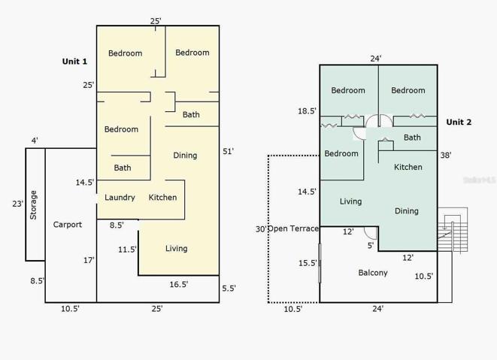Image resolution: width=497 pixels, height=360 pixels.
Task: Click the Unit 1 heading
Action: coord(74,62)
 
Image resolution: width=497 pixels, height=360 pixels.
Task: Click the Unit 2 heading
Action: coord(459,122)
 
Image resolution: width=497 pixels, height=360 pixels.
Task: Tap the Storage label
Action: coord(33,205)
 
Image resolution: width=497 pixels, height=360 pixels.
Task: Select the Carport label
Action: coord(68,225)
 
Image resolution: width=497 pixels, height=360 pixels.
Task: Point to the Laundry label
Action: coord(120,198)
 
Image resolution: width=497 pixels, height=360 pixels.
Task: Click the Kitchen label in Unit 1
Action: coord(162,198)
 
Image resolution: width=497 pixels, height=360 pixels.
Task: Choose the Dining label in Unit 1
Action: coord(185,156)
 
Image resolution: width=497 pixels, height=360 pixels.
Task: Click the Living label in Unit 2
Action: coord(350,201)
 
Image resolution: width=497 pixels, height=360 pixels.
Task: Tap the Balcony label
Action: coord(373,273)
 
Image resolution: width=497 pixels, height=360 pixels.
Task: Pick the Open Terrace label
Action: coord(293,228)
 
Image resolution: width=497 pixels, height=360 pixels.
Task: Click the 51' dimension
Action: coord(229,152)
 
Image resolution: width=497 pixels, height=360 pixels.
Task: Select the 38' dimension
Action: coord(446,156)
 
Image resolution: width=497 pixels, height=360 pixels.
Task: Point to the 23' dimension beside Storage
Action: coord(18,204)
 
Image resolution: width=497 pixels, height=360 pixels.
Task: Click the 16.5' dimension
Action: coord(178,285)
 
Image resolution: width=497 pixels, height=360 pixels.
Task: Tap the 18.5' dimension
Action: coord(307,111)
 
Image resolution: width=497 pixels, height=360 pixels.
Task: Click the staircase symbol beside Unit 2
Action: coord(453,230)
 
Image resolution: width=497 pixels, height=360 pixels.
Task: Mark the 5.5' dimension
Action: coord(229,289)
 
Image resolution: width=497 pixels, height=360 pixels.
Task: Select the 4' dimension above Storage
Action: coord(35,141)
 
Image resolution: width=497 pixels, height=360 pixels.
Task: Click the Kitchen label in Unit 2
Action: coord(408,167)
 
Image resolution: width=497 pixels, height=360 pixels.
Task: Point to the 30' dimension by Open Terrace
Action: coord(262,228)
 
